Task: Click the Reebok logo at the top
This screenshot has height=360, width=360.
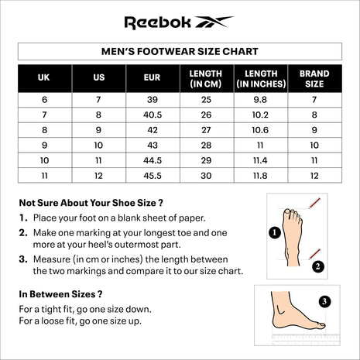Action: click(x=179, y=22)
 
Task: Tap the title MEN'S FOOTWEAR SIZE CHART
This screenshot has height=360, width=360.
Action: click(x=180, y=51)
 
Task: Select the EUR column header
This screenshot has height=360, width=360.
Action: click(x=153, y=78)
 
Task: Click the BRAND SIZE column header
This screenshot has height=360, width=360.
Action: click(x=314, y=78)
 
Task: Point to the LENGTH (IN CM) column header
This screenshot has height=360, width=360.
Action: click(x=206, y=78)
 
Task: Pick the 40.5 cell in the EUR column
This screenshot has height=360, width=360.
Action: click(x=153, y=114)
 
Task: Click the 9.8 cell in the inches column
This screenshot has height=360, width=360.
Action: click(x=260, y=99)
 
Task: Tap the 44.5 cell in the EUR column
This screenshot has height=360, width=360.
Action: click(x=153, y=159)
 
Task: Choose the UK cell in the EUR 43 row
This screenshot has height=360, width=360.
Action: click(x=44, y=144)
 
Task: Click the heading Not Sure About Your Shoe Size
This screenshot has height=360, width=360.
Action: click(x=91, y=203)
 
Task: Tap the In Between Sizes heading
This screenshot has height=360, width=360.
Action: click(x=61, y=294)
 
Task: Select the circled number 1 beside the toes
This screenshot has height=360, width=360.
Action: click(x=274, y=231)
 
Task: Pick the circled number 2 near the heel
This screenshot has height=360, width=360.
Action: click(x=317, y=266)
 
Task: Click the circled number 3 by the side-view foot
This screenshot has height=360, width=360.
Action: click(x=324, y=301)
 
